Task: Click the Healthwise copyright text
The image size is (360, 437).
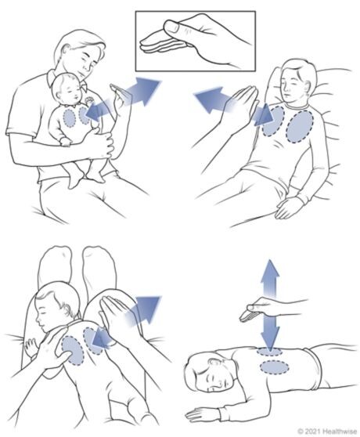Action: pyautogui.click(x=326, y=432)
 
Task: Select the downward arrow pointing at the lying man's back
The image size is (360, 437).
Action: pyautogui.click(x=269, y=333)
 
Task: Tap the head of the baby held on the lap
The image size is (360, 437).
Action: pyautogui.click(x=67, y=88)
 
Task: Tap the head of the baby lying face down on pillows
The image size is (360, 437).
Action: pyautogui.click(x=56, y=304)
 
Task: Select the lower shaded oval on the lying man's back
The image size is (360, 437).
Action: pyautogui.click(x=274, y=367)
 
